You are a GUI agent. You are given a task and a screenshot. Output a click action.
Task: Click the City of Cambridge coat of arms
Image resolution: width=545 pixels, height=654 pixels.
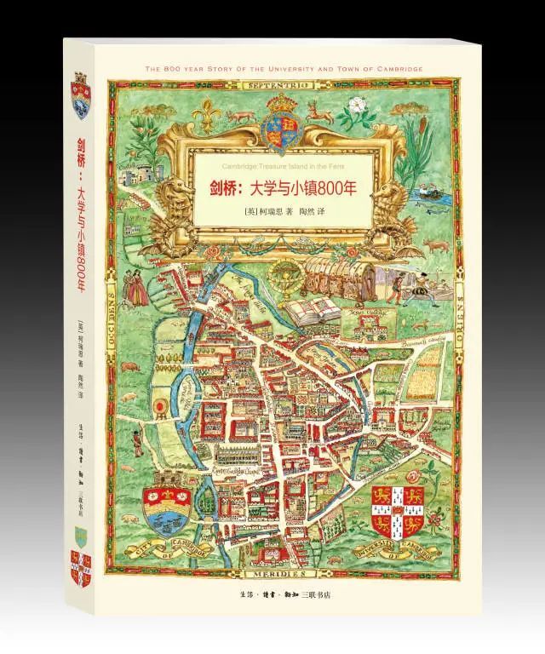[x=169, y=512]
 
